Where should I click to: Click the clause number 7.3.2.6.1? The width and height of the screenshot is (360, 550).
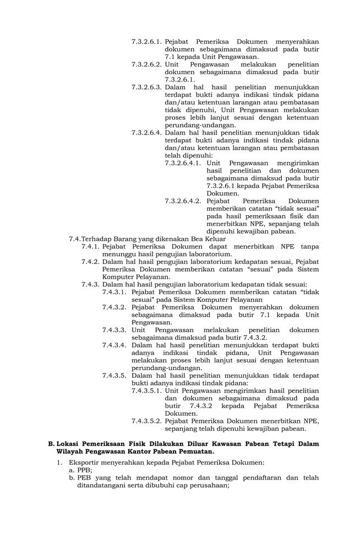coord(146,42)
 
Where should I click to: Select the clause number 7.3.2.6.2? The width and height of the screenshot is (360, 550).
coord(146,64)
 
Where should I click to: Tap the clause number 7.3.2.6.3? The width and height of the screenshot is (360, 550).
coord(146,87)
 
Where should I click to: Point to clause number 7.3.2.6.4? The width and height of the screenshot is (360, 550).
coord(146,133)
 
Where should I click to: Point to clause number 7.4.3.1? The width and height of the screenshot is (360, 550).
coord(114,292)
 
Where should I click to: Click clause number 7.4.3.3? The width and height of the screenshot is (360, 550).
coord(114,330)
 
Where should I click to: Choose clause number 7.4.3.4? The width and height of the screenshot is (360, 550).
coord(114,345)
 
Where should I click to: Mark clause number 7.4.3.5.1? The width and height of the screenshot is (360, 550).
coord(146,391)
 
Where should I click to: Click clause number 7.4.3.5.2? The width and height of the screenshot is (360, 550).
coord(146,421)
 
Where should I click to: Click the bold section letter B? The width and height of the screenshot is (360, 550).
coord(51,443)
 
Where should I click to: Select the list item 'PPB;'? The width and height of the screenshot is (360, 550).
coord(84,470)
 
